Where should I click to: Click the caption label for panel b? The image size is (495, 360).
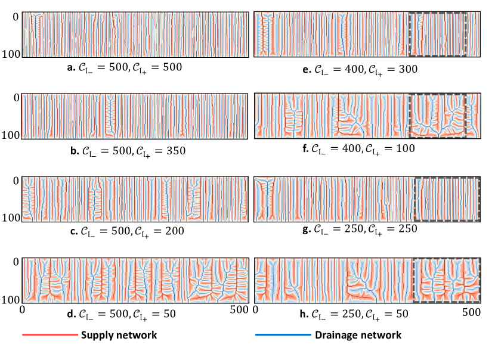tap(128, 150)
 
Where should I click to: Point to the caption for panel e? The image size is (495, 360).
tap(360, 69)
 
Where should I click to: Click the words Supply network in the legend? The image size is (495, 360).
tap(119, 336)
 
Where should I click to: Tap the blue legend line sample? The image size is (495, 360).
tap(283, 336)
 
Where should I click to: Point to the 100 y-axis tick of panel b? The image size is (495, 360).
tap(12, 136)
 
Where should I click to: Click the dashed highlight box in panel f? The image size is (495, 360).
tap(437, 116)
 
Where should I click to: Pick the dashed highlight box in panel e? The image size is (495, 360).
tap(437, 34)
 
